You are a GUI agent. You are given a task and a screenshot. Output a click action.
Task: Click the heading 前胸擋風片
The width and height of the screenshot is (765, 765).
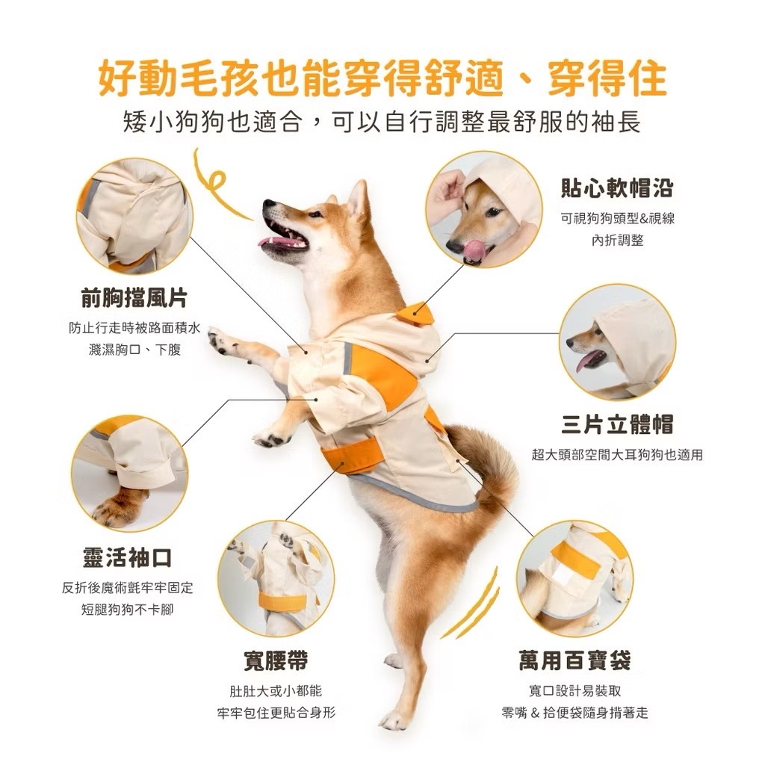[134, 297]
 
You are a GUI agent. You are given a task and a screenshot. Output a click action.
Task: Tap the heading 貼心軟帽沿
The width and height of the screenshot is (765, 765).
[617, 188]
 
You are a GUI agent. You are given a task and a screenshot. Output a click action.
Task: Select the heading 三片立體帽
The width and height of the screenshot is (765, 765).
[617, 424]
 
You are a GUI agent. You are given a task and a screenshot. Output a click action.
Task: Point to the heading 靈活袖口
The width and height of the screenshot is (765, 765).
[127, 557]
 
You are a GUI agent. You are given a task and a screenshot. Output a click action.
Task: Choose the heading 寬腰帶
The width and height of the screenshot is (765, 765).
[276, 660]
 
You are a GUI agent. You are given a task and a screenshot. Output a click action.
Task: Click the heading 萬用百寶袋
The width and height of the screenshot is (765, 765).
[575, 660]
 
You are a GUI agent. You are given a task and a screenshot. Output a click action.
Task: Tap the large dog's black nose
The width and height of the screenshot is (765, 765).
[269, 205]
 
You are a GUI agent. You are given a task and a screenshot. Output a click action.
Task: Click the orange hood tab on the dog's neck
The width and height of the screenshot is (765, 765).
[415, 314]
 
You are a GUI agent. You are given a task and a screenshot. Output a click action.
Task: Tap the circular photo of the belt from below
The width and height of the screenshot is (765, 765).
[276, 578]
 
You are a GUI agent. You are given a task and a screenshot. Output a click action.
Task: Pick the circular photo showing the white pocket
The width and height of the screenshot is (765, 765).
[574, 578]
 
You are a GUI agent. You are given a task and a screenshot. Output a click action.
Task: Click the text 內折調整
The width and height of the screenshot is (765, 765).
[618, 240]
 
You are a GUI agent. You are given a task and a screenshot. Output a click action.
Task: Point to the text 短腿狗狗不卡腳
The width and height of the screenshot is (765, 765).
[127, 610]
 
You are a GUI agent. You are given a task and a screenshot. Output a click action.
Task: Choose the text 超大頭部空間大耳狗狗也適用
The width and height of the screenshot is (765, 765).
[617, 455]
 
